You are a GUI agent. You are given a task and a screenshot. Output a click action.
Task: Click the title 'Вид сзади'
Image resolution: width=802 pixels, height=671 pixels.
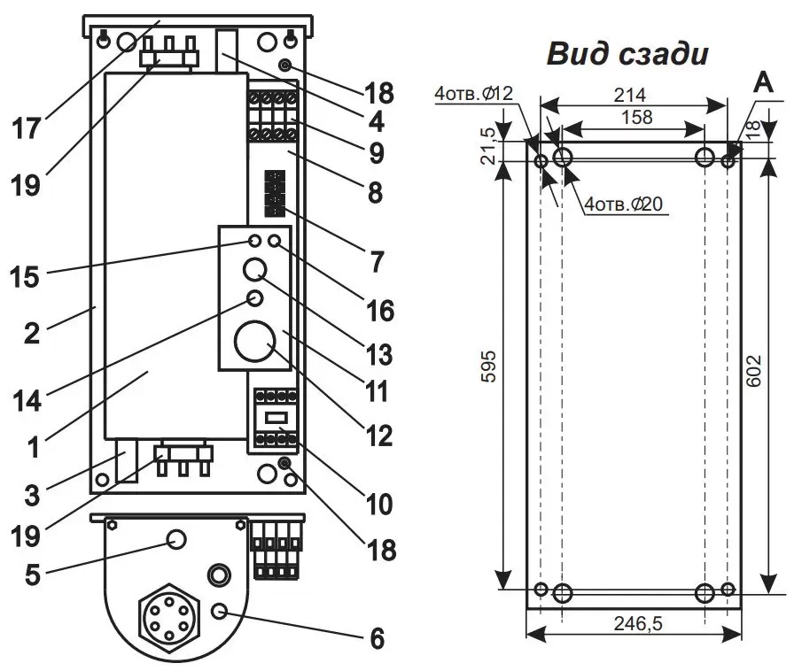(x=627, y=54)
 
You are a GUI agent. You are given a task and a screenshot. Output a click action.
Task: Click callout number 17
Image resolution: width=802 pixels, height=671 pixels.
(x=27, y=128)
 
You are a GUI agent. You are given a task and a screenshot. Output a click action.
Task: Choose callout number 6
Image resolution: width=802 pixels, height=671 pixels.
(x=377, y=637)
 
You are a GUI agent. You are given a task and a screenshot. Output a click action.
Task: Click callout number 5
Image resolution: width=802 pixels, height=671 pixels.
(x=33, y=575)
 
